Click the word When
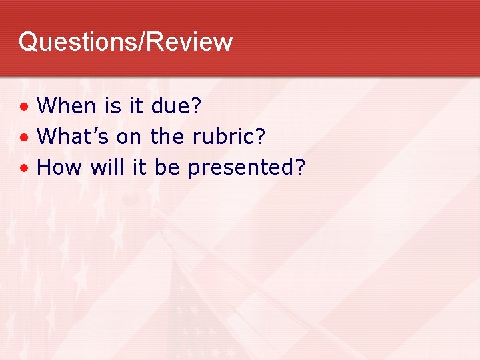(x=67, y=105)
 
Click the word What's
(x=73, y=137)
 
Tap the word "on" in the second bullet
(x=129, y=137)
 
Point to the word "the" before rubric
(x=167, y=137)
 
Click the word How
(x=59, y=167)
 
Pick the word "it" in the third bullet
(x=139, y=167)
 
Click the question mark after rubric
(x=260, y=137)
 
